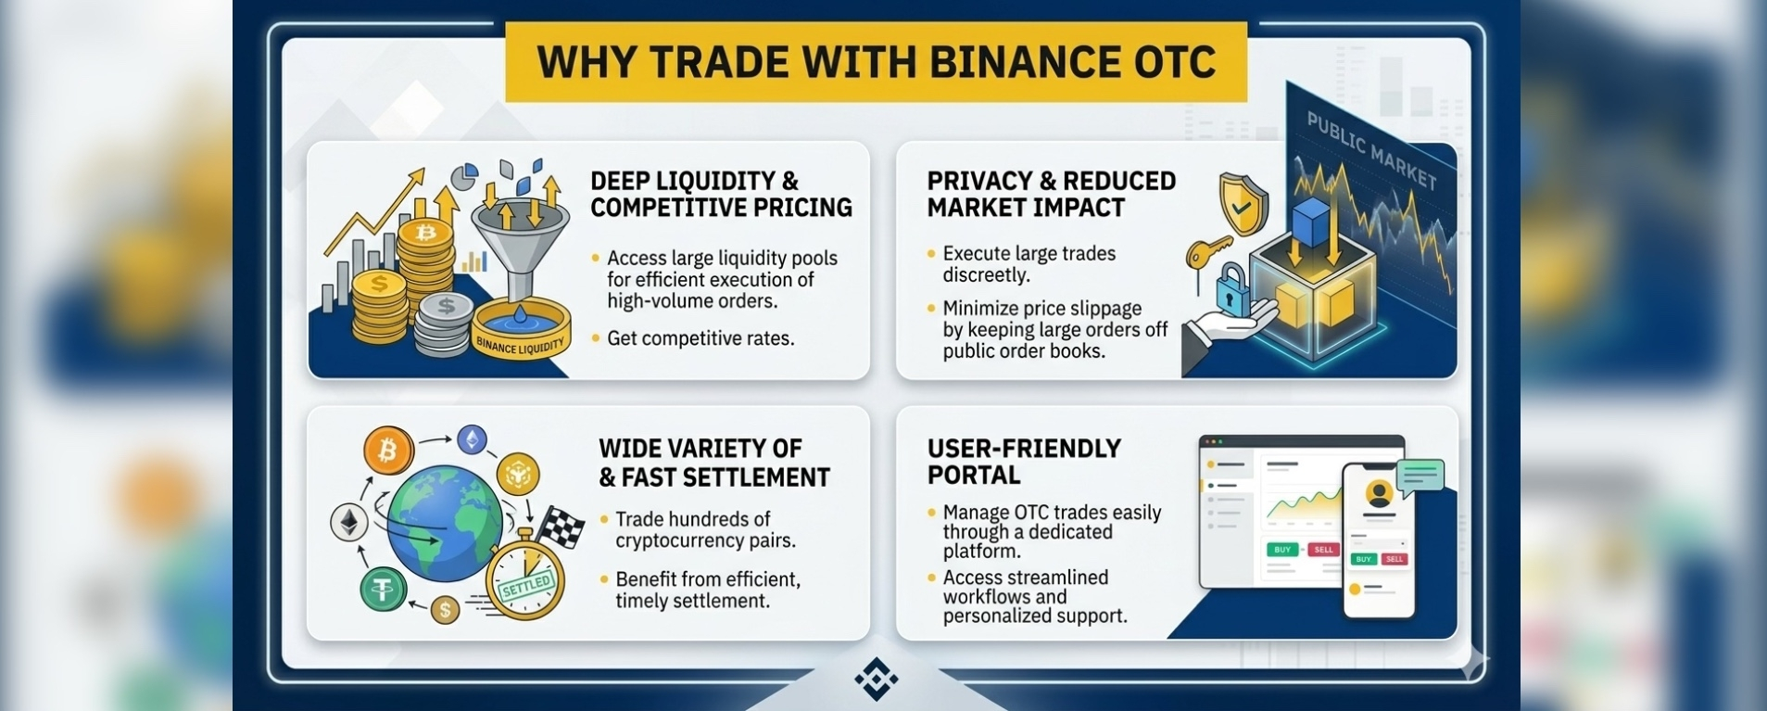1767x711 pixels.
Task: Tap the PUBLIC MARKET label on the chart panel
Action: pyautogui.click(x=1370, y=149)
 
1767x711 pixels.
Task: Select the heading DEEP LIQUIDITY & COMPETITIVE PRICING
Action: pyautogui.click(x=721, y=194)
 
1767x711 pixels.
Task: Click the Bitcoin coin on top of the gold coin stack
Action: pyautogui.click(x=425, y=233)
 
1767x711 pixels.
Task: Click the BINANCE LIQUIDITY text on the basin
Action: pyautogui.click(x=519, y=346)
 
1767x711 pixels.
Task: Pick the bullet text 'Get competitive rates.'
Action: pyautogui.click(x=700, y=338)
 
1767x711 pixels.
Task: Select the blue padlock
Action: pyautogui.click(x=1230, y=290)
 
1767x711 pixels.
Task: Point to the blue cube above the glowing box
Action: pyautogui.click(x=1310, y=223)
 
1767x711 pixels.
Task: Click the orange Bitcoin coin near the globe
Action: pyautogui.click(x=387, y=451)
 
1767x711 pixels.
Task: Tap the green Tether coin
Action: pyautogui.click(x=383, y=590)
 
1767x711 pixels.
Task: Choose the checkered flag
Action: pyautogui.click(x=561, y=526)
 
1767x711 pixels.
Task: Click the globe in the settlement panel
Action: pyautogui.click(x=444, y=523)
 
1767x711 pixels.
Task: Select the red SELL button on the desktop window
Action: pyautogui.click(x=1323, y=550)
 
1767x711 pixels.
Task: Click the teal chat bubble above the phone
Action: pyautogui.click(x=1420, y=476)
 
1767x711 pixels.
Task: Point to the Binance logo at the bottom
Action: pyautogui.click(x=876, y=679)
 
